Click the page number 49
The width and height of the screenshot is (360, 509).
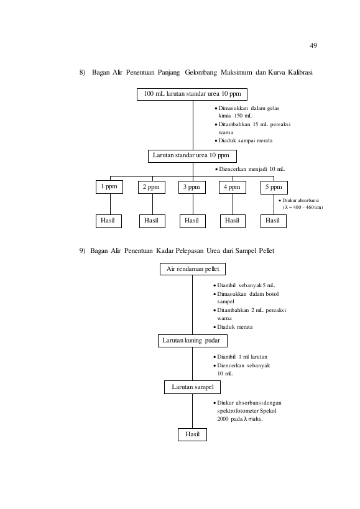[313, 45]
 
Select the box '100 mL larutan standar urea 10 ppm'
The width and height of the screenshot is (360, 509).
[192, 94]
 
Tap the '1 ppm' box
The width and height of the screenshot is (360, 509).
[109, 187]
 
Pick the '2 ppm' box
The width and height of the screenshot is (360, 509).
[152, 187]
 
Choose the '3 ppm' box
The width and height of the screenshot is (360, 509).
[192, 187]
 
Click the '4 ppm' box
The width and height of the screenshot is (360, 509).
[233, 187]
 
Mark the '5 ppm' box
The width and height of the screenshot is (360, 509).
[274, 188]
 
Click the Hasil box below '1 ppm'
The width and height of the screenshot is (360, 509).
[109, 221]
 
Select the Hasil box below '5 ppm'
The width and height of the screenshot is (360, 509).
[274, 221]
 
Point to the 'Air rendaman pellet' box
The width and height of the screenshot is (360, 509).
[193, 269]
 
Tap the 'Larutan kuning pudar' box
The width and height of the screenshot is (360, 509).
[193, 341]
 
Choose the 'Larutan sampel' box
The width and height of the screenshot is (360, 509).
[193, 387]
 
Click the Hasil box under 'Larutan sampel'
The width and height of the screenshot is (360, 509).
[192, 434]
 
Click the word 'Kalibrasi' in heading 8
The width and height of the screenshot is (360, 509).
[300, 72]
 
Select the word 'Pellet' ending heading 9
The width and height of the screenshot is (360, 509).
[267, 251]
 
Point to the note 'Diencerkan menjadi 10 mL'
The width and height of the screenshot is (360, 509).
[250, 169]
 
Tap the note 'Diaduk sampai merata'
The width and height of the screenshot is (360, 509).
[244, 140]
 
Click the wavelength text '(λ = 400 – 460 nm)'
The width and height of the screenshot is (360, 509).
[303, 208]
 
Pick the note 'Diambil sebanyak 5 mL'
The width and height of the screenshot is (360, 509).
[244, 285]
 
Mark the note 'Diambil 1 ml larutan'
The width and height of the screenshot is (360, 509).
[240, 357]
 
